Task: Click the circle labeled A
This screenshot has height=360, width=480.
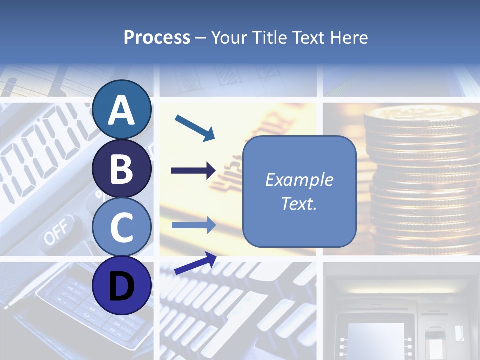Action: coord(121,110)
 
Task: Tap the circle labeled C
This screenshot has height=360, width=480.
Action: coord(121,227)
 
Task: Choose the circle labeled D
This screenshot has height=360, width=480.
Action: coord(121,285)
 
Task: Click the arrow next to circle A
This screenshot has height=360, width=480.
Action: coord(195,128)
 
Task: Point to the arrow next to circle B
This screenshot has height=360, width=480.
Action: coord(193,171)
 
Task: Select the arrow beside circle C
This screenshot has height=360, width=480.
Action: coord(193,225)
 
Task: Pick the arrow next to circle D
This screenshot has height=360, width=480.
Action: coord(195,263)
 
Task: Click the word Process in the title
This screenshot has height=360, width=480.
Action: coord(157,38)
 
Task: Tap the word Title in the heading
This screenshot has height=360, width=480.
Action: coord(266,38)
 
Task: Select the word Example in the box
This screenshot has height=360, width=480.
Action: coord(299,180)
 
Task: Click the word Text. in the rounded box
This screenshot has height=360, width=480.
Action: coord(299,204)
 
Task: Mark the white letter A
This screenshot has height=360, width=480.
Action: coord(121,110)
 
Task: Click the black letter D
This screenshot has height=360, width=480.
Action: coord(121,286)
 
